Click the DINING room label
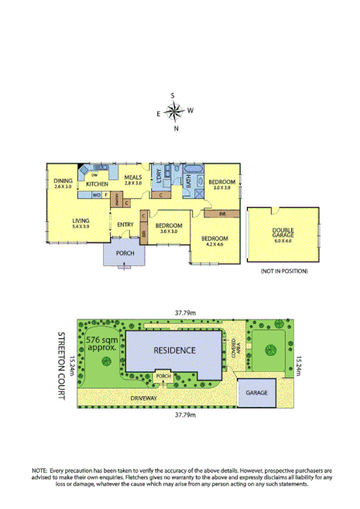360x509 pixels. tap(63, 183)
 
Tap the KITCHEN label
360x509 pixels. tap(97, 184)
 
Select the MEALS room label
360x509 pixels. tap(133, 179)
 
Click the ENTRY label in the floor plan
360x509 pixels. tap(125, 225)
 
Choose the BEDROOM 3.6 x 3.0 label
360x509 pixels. tap(168, 228)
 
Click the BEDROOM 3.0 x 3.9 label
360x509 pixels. tap(223, 184)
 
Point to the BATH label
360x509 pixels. tap(187, 180)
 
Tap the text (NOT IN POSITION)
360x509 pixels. tap(284, 272)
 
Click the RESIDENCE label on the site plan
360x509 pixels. tap(174, 350)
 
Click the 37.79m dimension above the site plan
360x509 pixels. tap(183, 313)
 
